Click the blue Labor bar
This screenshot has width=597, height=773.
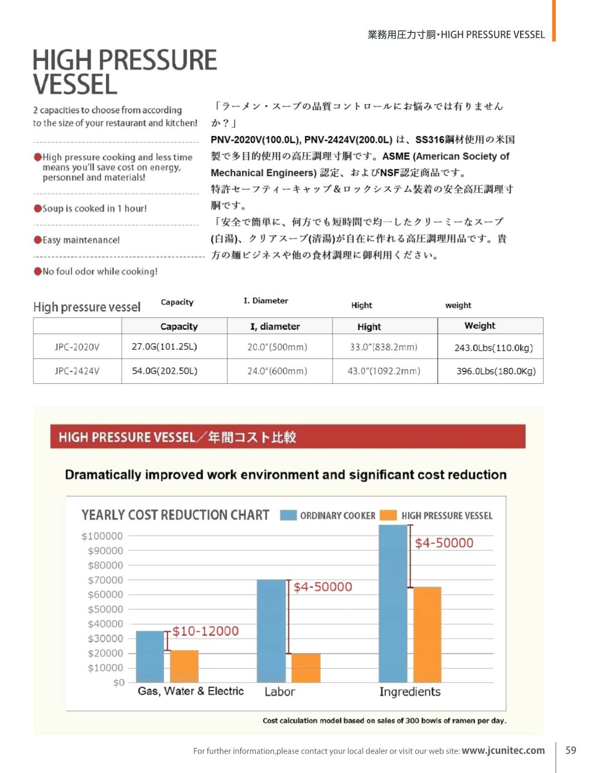point(271,631)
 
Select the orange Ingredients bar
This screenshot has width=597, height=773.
point(427,635)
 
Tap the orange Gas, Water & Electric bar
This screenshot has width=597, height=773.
point(184,666)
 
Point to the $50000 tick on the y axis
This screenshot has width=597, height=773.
point(105,609)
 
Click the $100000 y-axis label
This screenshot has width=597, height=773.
point(102,536)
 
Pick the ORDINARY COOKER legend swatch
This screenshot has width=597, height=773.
point(288,515)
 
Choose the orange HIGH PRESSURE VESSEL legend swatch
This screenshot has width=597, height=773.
point(388,515)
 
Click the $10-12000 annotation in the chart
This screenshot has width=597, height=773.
point(205,631)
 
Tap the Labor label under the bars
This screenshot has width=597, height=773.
point(279,692)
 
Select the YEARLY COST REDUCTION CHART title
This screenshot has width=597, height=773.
point(175,515)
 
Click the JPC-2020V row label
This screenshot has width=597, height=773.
point(77,347)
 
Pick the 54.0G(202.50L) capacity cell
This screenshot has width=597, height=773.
point(164,371)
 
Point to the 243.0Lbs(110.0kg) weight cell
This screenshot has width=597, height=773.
point(493,347)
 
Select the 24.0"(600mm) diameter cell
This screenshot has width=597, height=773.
point(277,371)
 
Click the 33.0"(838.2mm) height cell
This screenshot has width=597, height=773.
point(384,347)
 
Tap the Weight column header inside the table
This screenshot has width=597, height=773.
point(479,326)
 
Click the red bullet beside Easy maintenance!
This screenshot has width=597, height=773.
point(38,240)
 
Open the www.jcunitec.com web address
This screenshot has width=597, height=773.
point(503,751)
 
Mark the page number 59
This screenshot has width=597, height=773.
point(571,750)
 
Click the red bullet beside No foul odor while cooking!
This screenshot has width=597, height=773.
point(38,271)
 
